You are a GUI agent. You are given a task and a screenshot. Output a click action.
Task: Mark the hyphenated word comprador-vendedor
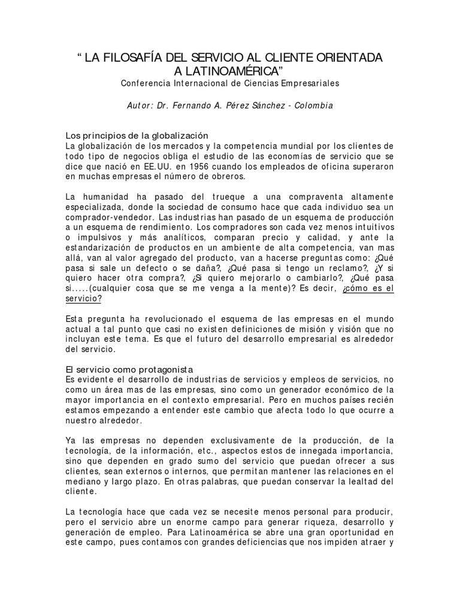tap(101, 218)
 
